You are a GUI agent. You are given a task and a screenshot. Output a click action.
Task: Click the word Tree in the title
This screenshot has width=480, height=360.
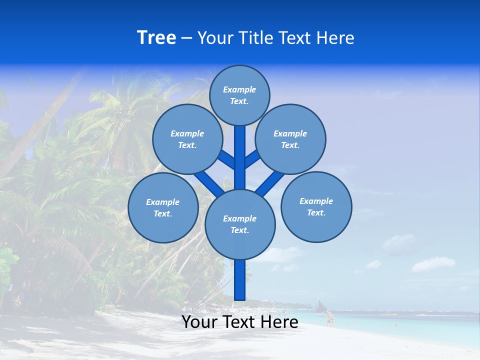[x=156, y=37]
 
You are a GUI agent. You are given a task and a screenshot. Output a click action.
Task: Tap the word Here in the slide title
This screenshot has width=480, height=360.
[x=335, y=38]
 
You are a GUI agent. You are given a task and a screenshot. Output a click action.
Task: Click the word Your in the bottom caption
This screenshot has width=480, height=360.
[x=199, y=322]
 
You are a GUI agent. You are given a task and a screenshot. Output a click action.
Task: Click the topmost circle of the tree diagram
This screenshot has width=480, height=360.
[x=239, y=95]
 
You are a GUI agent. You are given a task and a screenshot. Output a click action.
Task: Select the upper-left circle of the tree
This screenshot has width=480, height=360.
[x=187, y=139]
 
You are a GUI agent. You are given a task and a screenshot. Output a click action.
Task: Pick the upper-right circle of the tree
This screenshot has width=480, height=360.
[x=290, y=139]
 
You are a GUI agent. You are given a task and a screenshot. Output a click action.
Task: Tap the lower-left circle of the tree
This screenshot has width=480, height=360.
[x=163, y=207]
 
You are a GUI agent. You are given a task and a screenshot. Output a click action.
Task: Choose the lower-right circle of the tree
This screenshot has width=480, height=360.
[x=316, y=206]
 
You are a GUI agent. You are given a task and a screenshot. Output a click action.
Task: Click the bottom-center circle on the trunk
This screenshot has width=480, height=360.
[x=240, y=224]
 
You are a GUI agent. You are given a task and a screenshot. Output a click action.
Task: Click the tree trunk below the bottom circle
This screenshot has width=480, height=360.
[x=240, y=280]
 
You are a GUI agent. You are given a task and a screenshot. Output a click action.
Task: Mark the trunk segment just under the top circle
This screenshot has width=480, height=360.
[x=240, y=145]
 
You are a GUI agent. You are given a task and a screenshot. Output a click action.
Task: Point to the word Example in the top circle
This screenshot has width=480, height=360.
[x=239, y=89]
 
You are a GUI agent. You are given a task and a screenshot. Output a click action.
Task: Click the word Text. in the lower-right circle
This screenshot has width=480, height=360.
[x=316, y=212]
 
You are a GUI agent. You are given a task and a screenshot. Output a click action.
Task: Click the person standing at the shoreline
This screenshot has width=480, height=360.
[x=329, y=318]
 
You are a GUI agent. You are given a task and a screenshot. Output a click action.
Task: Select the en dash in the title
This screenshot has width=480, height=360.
[x=186, y=38]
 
